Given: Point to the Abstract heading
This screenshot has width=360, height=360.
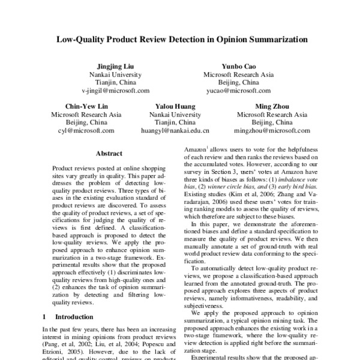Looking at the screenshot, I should point(109,153).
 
